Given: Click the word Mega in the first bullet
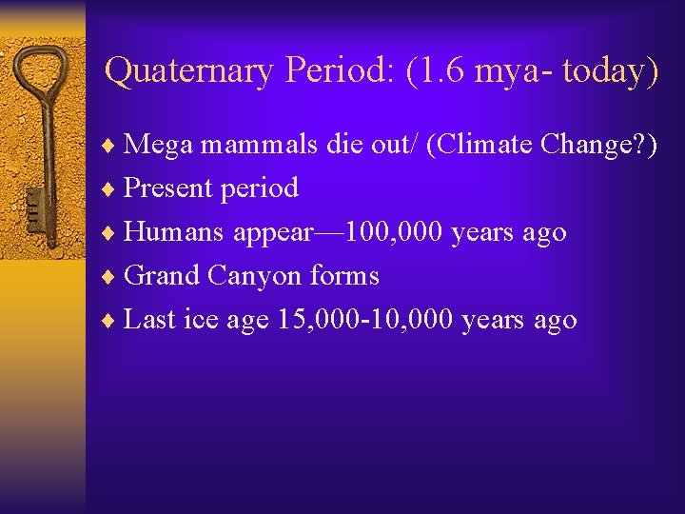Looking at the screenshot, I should [157, 144].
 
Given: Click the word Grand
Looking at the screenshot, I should [163, 275].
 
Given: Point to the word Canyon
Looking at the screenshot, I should [256, 276].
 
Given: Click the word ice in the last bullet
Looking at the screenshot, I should [201, 319].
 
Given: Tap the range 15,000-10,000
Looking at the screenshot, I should [365, 319].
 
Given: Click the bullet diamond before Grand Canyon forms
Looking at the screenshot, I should [113, 276].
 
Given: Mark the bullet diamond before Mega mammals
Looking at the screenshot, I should [113, 145].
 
